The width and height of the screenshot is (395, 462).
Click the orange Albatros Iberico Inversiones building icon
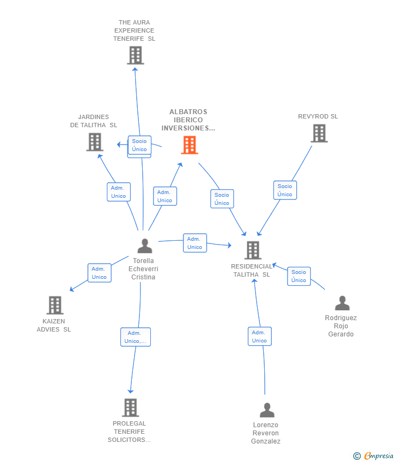(189, 145)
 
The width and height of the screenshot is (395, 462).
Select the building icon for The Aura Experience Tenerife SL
(135, 55)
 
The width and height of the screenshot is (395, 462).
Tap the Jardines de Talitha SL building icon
(95, 142)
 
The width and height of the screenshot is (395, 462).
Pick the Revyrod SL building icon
(319, 133)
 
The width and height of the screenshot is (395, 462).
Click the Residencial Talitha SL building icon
(253, 250)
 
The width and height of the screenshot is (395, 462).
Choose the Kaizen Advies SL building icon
(55, 305)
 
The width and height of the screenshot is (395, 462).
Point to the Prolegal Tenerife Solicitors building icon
(130, 407)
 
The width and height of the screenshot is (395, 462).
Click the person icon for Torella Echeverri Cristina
(144, 246)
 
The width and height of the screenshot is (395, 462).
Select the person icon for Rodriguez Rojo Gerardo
(342, 303)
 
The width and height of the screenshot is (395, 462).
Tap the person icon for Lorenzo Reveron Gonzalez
(267, 410)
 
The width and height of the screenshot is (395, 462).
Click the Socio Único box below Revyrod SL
(285, 190)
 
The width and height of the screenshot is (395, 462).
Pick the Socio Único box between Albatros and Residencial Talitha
(222, 199)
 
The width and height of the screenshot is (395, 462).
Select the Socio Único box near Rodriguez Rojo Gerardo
(298, 276)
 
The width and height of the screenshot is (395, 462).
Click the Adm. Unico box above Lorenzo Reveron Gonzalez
(259, 336)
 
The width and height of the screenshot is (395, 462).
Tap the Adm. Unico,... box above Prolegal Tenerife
(135, 337)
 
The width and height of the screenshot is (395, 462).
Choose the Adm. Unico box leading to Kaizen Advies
(99, 273)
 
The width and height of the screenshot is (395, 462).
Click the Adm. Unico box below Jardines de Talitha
(118, 192)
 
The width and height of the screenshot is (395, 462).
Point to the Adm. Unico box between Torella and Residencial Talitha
(195, 243)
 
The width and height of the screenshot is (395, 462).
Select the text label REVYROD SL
(318, 116)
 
